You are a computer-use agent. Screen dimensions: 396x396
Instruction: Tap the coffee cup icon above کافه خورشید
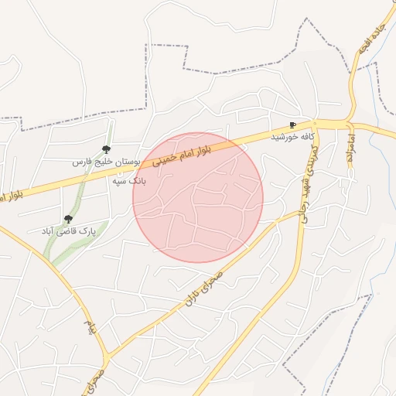292,125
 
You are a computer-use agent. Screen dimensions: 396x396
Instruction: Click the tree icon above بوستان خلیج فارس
106,149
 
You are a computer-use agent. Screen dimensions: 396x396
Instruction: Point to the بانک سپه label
128,181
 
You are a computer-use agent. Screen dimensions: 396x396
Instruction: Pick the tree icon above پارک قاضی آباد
69,219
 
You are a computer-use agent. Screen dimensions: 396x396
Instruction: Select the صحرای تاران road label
203,288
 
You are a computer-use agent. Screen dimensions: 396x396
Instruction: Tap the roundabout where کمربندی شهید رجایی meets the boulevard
318,124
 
